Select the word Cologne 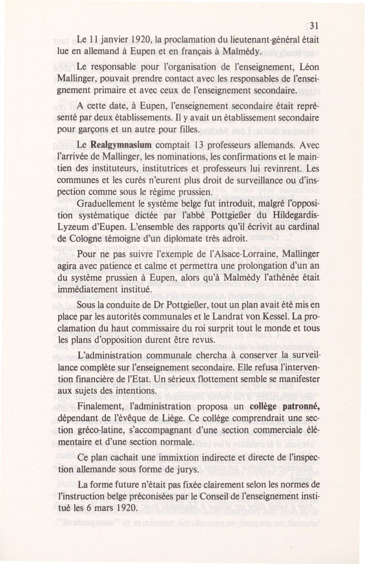[x=83, y=238]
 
